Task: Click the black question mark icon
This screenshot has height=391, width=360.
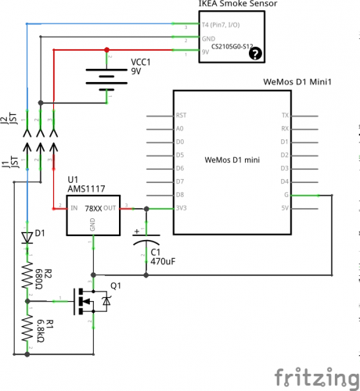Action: [255, 53]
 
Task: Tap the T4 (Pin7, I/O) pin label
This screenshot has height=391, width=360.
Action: [221, 25]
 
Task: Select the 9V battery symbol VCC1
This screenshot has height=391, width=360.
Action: [106, 80]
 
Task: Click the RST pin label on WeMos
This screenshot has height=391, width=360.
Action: [181, 115]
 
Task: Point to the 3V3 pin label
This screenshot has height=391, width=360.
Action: [181, 208]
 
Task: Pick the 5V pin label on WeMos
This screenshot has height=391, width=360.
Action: [285, 208]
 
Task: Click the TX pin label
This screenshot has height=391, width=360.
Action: [285, 115]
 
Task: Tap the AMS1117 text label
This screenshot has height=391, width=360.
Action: [86, 188]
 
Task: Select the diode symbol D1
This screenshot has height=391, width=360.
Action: [27, 238]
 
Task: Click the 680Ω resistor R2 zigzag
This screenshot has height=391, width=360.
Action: [27, 276]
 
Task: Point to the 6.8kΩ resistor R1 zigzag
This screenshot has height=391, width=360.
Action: [27, 328]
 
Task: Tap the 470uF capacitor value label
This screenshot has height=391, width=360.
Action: [163, 261]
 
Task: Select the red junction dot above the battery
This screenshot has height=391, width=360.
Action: [106, 50]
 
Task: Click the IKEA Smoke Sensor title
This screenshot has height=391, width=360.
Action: [238, 4]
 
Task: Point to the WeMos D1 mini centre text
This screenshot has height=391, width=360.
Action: [232, 160]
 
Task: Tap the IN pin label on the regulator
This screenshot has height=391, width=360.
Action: [74, 208]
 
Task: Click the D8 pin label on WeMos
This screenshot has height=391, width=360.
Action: [180, 195]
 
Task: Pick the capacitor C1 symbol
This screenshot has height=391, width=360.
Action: [146, 240]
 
